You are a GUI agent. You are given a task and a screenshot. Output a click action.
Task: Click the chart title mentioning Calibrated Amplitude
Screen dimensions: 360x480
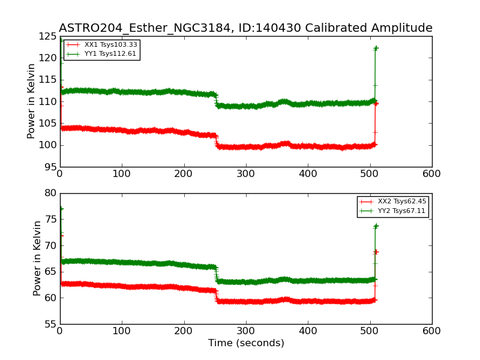pyautogui.click(x=245, y=28)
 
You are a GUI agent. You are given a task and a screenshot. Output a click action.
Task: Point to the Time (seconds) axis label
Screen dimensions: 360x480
pyautogui.click(x=246, y=343)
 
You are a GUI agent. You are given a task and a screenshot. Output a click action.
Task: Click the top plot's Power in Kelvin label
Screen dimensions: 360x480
pyautogui.click(x=32, y=101)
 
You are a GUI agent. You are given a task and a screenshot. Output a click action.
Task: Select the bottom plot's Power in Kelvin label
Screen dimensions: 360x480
pyautogui.click(x=37, y=258)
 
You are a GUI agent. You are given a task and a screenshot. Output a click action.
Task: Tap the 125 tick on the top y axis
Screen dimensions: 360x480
pyautogui.click(x=48, y=37)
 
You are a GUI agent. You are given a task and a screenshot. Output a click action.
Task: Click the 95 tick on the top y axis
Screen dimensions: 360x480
pyautogui.click(x=50, y=167)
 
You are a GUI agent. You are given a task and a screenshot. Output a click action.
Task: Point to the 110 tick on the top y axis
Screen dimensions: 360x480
pyautogui.click(x=48, y=102)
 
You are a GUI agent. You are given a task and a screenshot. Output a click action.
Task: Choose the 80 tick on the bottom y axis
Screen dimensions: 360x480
pyautogui.click(x=50, y=193)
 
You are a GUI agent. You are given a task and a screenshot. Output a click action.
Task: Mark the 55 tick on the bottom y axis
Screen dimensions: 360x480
pyautogui.click(x=50, y=324)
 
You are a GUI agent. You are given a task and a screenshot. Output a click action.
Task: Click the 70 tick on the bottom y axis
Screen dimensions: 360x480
pyautogui.click(x=50, y=245)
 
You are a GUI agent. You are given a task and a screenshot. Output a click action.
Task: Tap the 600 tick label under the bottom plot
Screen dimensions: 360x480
pyautogui.click(x=431, y=331)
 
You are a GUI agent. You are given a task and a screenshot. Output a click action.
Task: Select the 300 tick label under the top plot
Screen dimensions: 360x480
pyautogui.click(x=246, y=173)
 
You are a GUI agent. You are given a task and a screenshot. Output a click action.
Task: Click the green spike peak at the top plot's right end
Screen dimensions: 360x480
pyautogui.click(x=376, y=48)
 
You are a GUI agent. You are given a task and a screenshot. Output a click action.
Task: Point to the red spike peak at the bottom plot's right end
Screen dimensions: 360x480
pyautogui.click(x=376, y=251)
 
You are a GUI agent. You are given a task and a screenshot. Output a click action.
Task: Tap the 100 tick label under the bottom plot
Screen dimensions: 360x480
pyautogui.click(x=122, y=331)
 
